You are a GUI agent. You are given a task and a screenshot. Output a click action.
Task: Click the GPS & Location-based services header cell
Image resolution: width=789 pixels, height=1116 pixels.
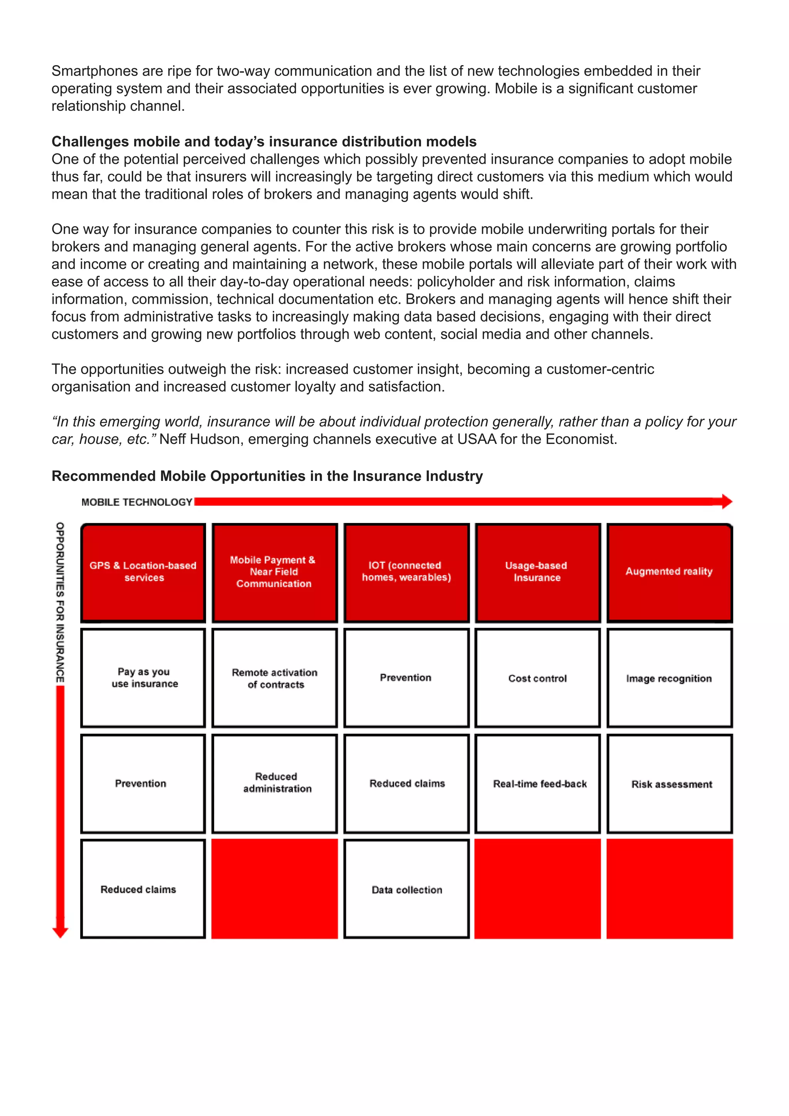point(143,573)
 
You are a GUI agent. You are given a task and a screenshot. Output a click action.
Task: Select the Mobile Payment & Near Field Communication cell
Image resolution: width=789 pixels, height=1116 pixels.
point(275,573)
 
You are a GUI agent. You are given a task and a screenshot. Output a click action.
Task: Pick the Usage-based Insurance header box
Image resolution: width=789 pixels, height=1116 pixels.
point(537,573)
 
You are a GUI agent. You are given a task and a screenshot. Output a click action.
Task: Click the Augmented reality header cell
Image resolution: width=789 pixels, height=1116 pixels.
point(669,573)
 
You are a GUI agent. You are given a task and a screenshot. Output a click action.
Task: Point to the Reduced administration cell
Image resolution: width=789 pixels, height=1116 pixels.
point(275,783)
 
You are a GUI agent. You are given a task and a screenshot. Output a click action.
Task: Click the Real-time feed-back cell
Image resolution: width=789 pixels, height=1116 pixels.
point(537,783)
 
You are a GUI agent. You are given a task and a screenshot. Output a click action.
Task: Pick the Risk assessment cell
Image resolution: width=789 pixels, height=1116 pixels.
point(669,783)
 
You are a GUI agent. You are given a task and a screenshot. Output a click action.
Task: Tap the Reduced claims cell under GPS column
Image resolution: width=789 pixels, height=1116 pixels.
point(143,889)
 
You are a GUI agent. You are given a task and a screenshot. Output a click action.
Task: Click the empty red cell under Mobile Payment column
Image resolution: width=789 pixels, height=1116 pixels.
point(275,889)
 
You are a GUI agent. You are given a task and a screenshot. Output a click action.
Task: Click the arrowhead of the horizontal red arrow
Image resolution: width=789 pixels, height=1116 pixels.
point(726,502)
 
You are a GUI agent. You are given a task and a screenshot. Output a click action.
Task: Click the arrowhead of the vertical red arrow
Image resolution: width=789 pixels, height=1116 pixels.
point(60,932)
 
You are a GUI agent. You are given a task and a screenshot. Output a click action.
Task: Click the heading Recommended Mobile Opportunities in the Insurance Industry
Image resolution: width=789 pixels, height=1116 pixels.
point(267,476)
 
